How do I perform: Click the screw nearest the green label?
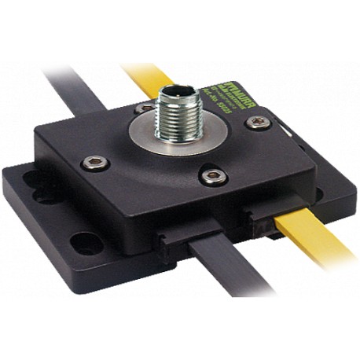pos(257,122)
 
